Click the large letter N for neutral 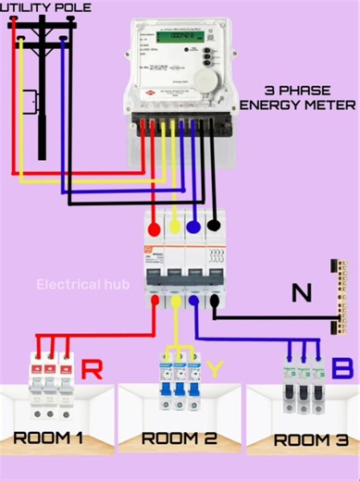(301, 294)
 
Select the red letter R (93, 370)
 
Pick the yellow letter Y (215, 370)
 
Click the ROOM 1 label (49, 438)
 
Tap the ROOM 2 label (180, 438)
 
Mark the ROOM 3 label (304, 439)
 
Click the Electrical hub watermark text (83, 284)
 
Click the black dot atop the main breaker (214, 223)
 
